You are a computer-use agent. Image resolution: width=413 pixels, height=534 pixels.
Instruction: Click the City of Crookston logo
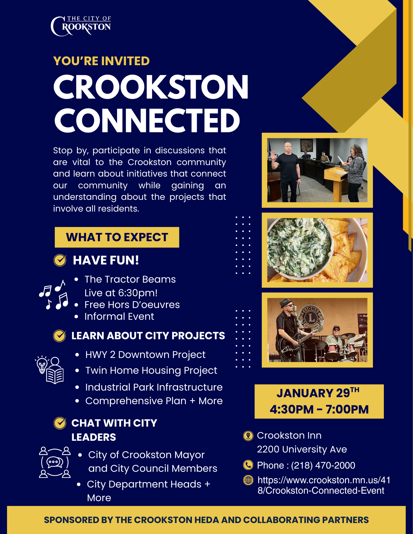[81, 26]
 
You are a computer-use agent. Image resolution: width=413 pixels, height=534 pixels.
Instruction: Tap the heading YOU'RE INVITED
[101, 61]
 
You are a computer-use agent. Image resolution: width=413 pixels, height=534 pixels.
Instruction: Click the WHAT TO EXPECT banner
[117, 237]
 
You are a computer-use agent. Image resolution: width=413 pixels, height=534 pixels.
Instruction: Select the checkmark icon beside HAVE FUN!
[60, 260]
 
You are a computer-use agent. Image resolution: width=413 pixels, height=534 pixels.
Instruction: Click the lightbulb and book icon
[49, 370]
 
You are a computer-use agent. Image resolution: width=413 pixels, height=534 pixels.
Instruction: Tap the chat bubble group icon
[55, 462]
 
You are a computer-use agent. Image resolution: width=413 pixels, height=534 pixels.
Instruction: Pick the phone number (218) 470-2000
[323, 465]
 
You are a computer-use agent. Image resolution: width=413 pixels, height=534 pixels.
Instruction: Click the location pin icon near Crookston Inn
[248, 436]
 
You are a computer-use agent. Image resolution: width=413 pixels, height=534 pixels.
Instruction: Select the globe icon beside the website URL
[248, 480]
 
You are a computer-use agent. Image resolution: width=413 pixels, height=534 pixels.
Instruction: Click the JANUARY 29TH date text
[318, 393]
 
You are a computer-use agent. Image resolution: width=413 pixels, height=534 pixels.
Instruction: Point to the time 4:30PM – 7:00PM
[319, 409]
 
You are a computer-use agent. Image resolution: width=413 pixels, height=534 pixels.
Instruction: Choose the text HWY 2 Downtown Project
[145, 355]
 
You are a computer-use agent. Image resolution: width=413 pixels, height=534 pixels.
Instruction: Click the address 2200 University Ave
[302, 449]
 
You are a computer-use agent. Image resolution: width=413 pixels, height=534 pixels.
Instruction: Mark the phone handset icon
[248, 465]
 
